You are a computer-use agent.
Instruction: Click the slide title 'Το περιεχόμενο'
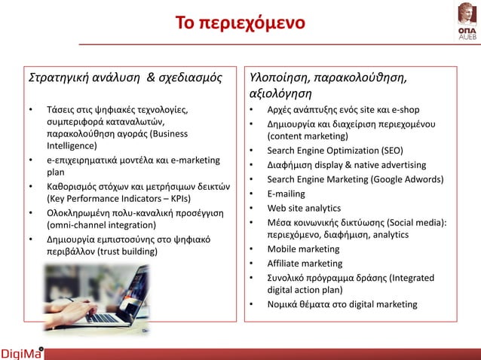pyautogui.click(x=240, y=22)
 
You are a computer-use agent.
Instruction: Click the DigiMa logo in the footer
pyautogui.click(x=22, y=352)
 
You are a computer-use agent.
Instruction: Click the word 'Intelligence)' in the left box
pyautogui.click(x=72, y=145)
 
